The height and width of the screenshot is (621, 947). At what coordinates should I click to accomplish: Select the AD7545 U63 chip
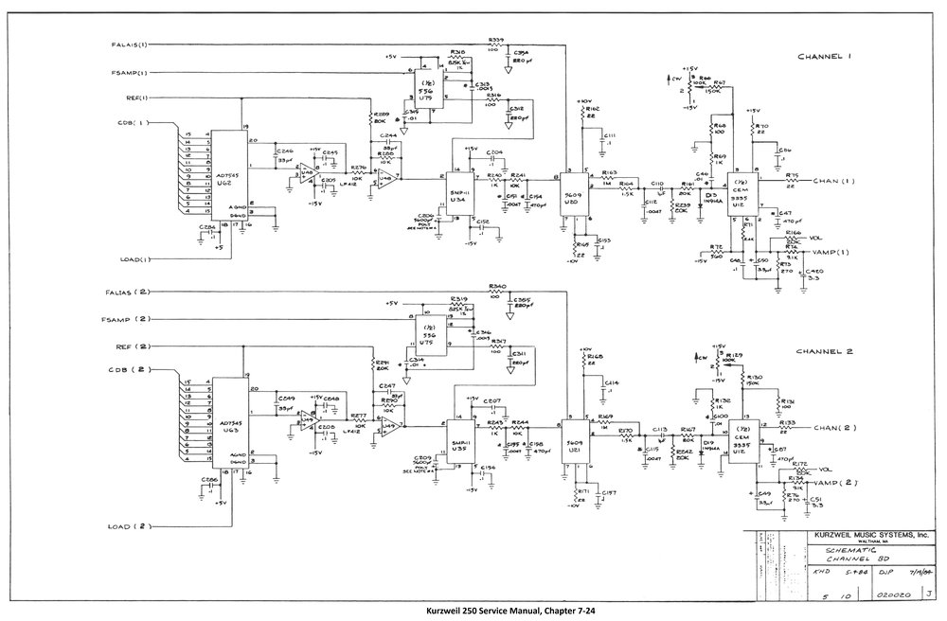click(227, 424)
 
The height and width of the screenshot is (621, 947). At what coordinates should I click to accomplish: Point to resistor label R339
click(496, 38)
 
